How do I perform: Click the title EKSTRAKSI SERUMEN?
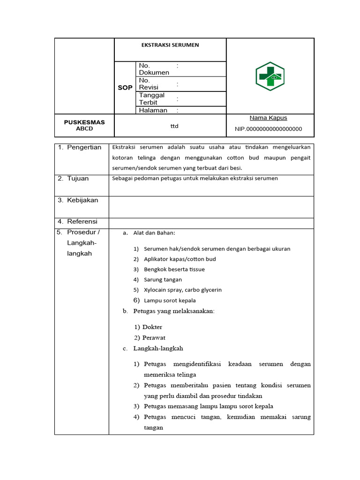coord(170,45)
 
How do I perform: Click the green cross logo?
coord(270,76)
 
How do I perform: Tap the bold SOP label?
coord(125,88)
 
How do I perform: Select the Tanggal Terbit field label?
coord(151,98)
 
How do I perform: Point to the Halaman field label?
coord(153,110)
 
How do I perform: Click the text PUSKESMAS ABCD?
coord(84,125)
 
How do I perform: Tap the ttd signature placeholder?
coord(174,126)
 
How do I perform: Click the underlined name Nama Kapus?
coord(268,118)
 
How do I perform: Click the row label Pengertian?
coord(84,147)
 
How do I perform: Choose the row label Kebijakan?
coord(82,200)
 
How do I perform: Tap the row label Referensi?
coord(82,221)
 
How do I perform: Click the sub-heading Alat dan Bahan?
coord(154,233)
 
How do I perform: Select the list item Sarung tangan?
coord(163,279)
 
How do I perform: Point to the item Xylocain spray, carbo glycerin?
coord(183,290)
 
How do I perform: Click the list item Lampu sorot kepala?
coord(170,300)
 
